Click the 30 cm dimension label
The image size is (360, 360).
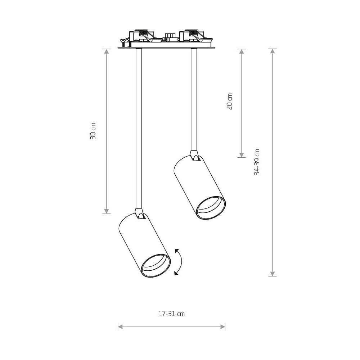click(x=93, y=131)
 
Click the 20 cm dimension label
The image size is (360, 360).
click(x=229, y=101)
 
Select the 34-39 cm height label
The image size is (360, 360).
click(x=257, y=162)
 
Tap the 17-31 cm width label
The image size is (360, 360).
click(x=171, y=314)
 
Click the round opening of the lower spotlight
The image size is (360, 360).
click(x=156, y=266)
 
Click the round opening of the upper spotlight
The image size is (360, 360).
click(x=211, y=208)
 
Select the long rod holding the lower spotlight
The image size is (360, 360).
click(x=139, y=129)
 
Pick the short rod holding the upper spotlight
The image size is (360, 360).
click(x=194, y=100)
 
